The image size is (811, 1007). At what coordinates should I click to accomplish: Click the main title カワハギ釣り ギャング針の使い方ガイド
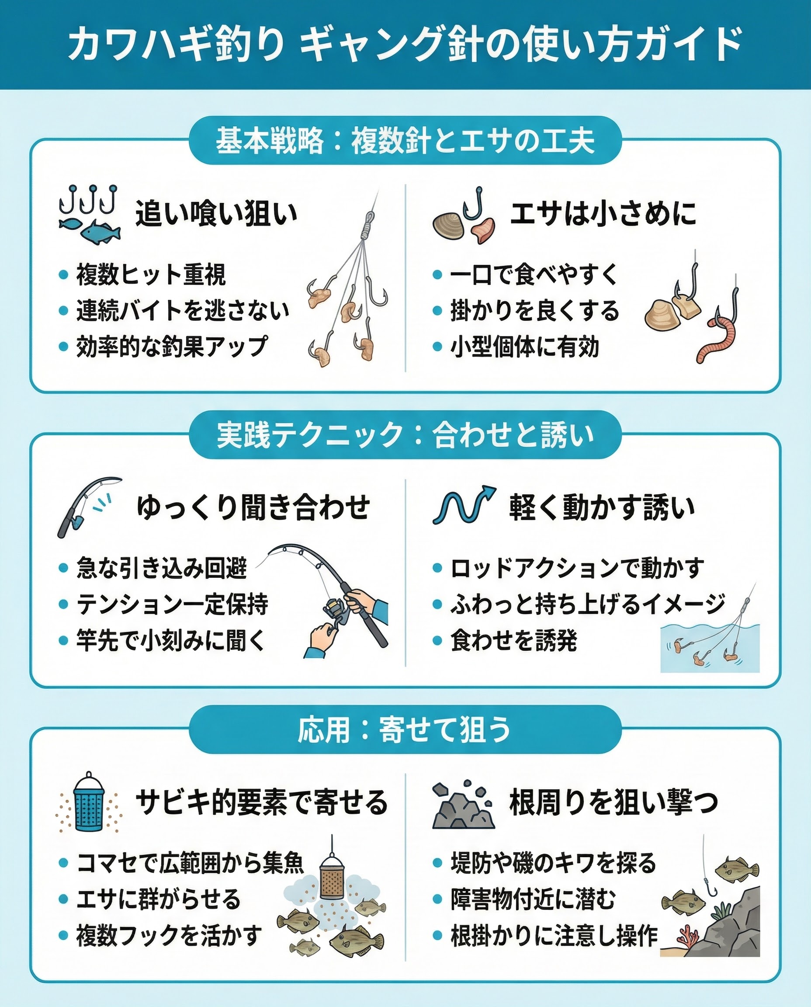point(405,45)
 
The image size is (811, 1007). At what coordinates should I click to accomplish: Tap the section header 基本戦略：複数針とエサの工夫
point(405,141)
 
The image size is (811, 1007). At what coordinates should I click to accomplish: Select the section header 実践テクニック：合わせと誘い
point(405,435)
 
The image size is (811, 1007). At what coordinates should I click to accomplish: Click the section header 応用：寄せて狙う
point(405,729)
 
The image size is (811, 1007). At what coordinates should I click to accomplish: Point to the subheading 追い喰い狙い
point(216,214)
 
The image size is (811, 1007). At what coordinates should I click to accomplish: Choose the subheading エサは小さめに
point(603,214)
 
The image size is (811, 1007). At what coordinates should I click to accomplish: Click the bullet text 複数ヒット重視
point(151,274)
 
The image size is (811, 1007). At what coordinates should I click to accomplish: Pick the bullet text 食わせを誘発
point(514,640)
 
